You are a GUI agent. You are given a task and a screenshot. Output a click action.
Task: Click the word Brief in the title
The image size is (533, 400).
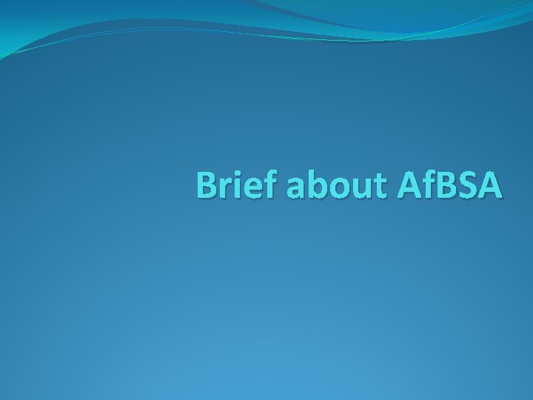[x=238, y=186]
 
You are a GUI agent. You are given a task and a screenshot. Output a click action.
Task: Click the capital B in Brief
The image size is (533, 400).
[x=207, y=186]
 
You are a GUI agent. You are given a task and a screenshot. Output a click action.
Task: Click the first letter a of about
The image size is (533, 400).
[x=293, y=190]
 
